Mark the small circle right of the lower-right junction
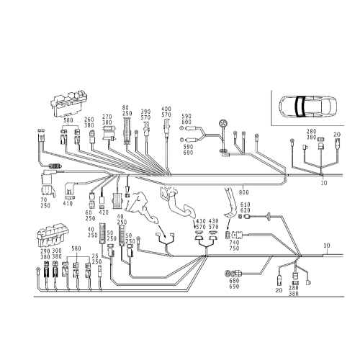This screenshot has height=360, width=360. [326, 246]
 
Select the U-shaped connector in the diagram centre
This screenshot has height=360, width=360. [166, 235]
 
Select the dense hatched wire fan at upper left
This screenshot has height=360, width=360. [130, 162]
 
